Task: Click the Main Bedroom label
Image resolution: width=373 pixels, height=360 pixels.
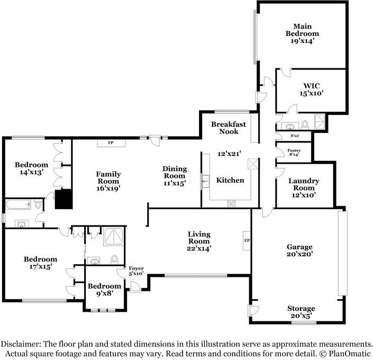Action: click(302, 33)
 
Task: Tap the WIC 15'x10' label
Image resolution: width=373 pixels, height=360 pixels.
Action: click(312, 89)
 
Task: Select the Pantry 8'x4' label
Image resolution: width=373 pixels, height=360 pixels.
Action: click(294, 152)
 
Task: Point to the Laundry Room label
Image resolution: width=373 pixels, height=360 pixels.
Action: click(304, 188)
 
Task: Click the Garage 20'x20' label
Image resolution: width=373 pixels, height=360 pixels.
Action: click(299, 250)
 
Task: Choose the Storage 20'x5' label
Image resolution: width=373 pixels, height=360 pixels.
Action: click(301, 312)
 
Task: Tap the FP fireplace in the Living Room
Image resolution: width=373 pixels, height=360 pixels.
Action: click(247, 240)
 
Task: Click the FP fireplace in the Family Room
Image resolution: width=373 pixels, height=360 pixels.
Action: click(111, 143)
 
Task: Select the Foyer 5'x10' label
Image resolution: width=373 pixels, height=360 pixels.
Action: click(137, 271)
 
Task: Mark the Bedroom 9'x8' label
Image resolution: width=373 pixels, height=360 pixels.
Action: click(104, 289)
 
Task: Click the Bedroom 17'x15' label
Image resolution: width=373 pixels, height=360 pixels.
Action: click(40, 263)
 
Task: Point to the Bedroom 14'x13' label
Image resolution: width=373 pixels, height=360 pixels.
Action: click(31, 168)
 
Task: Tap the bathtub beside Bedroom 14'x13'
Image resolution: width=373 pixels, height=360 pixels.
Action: click(18, 204)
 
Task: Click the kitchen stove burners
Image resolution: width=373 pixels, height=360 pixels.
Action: click(231, 204)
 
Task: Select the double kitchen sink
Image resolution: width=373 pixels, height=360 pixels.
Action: click(205, 182)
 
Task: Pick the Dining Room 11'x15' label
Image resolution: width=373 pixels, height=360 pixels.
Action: click(175, 176)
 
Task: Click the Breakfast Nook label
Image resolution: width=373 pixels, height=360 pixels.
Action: click(229, 128)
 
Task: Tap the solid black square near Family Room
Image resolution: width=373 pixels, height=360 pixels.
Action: click(63, 199)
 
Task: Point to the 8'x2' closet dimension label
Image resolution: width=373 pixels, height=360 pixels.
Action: click(295, 136)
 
